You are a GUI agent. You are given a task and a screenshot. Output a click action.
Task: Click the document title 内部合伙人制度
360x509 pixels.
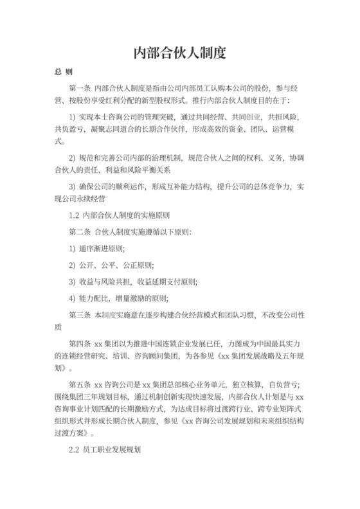pos(179,53)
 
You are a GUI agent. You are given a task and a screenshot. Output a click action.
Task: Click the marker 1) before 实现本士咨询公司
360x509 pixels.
pos(72,118)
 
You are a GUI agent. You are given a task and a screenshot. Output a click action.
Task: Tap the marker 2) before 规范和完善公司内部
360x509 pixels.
pos(72,158)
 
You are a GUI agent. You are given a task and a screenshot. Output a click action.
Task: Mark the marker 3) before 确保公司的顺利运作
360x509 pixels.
pos(72,186)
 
